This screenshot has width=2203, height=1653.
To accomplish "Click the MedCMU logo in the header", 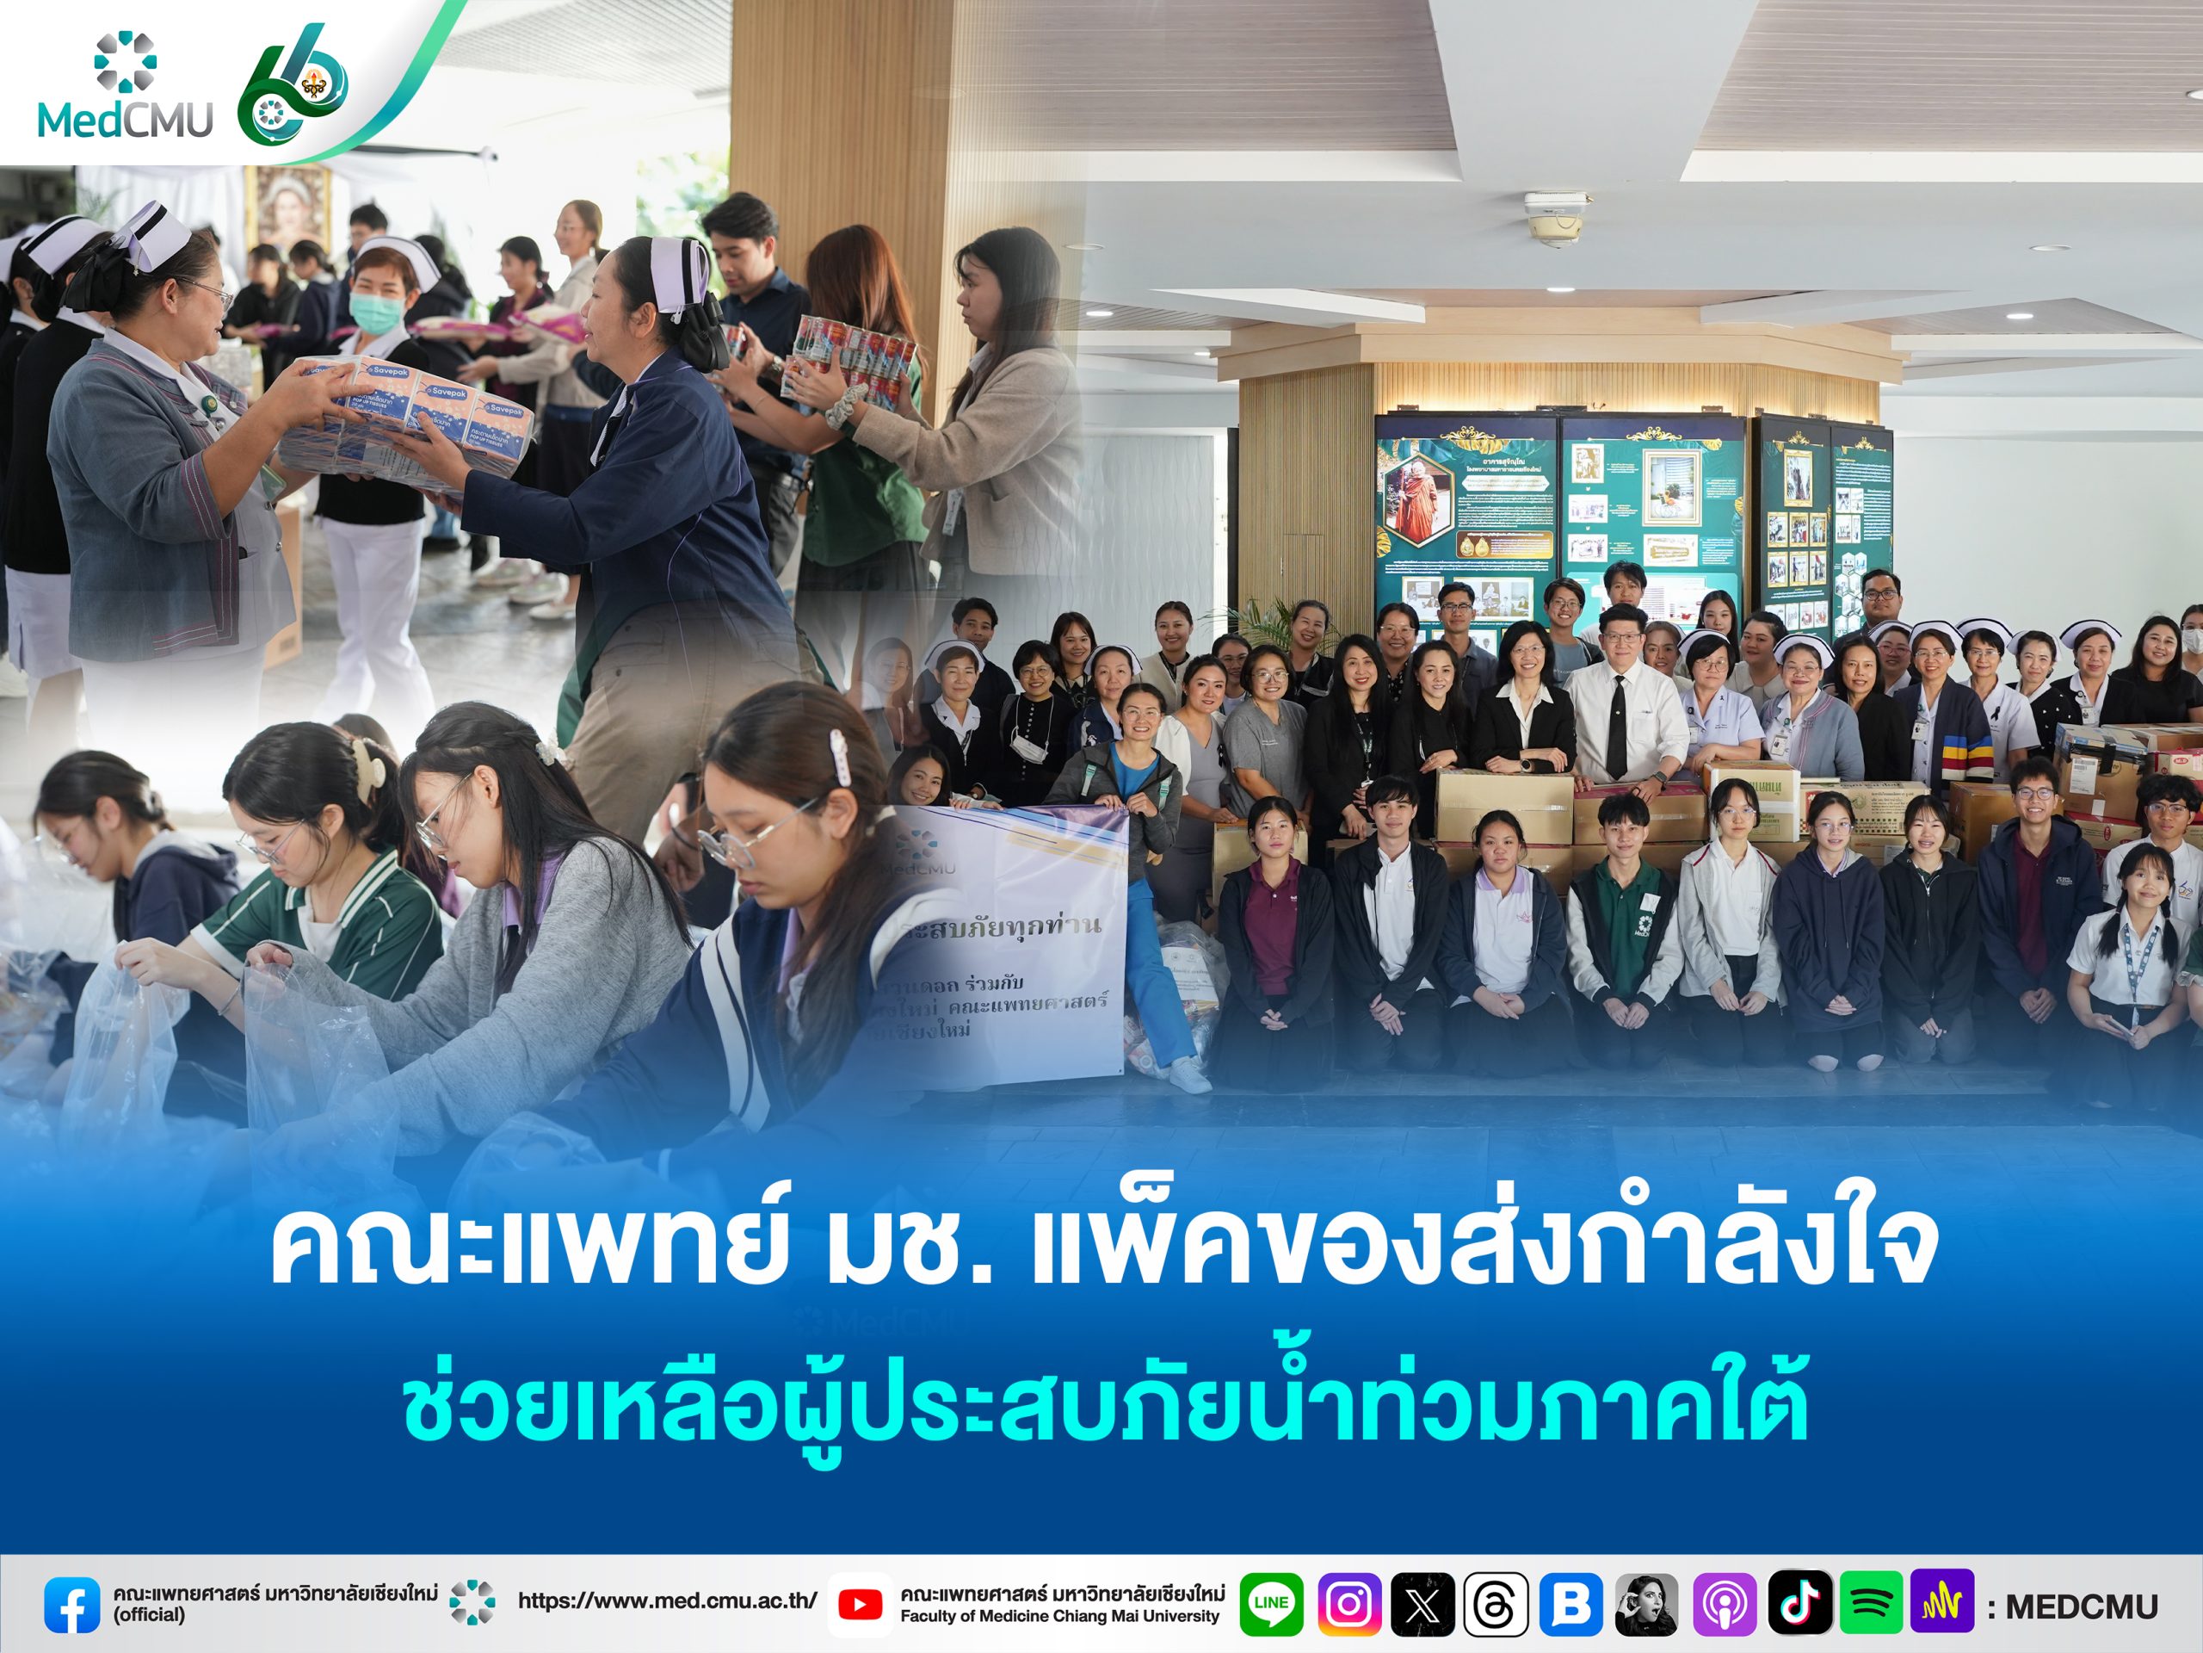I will point(126,88).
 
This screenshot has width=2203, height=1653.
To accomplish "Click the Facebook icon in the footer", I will point(71,1604).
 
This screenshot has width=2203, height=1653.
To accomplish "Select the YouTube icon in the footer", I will point(860,1604).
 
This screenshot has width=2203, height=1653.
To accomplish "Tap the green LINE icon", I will point(1271,1604).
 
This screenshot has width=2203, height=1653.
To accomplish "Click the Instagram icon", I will point(1348,1604).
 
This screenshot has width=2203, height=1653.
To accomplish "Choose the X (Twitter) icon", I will point(1422,1604).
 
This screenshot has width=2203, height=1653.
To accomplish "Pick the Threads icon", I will point(1496,1604).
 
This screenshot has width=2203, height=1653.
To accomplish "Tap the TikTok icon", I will point(1799,1604).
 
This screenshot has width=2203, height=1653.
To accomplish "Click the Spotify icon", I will point(1872,1604).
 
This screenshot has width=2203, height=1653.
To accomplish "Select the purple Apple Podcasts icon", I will point(1724,1604).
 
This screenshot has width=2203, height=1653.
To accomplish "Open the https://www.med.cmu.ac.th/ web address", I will point(666,1601).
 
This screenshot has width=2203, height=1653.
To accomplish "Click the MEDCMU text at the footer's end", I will point(2081,1607).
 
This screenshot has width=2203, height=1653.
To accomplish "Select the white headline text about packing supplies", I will point(1101,1247).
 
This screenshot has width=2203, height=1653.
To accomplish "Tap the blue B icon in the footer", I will point(1570,1604).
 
